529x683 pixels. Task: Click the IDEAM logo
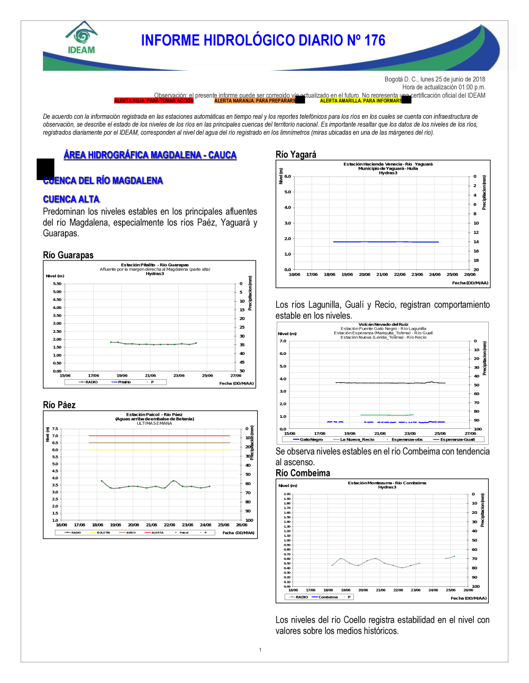click(x=81, y=38)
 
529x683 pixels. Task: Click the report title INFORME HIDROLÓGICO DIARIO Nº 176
click(x=263, y=41)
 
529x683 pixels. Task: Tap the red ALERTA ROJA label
click(x=153, y=100)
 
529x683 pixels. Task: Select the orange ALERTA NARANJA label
click(x=254, y=100)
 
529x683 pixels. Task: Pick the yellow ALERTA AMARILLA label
click(x=361, y=100)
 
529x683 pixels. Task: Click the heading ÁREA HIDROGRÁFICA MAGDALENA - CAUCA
click(x=150, y=155)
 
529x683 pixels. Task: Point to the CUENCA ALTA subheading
click(x=71, y=199)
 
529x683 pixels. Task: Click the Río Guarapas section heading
click(x=68, y=255)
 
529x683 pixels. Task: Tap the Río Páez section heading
click(x=59, y=405)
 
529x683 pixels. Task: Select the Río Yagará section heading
click(x=296, y=154)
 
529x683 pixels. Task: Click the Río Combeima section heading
click(x=303, y=473)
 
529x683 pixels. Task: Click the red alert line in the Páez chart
click(x=159, y=435)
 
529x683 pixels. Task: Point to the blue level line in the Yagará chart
click(x=386, y=241)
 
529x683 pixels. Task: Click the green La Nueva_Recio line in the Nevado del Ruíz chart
click(x=386, y=415)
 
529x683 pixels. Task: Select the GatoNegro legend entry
click(x=308, y=439)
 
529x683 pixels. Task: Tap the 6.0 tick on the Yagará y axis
click(x=288, y=176)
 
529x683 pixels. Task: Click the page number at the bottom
click(x=260, y=650)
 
